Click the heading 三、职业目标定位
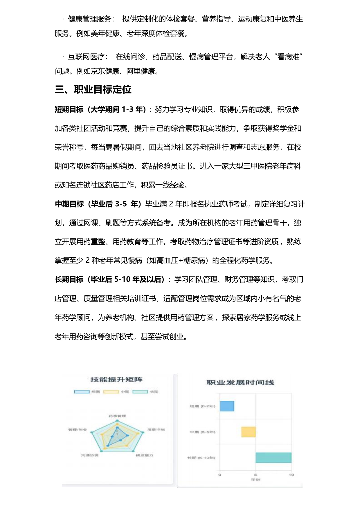[x=93, y=89]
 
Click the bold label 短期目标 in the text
[x=69, y=109]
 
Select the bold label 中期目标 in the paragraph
[x=69, y=204]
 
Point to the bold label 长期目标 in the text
[x=69, y=279]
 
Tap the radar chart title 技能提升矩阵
[x=116, y=380]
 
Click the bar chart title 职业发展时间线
[x=240, y=382]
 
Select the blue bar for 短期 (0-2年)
[x=227, y=406]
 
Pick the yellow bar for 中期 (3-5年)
[x=248, y=432]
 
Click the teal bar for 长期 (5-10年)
[x=273, y=458]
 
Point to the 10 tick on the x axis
[x=291, y=475]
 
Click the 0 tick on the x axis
[x=220, y=475]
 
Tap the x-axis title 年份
[x=255, y=480]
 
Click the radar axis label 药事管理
[x=117, y=416]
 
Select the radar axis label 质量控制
[x=156, y=429]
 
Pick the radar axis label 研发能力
[x=144, y=455]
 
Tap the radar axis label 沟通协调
[x=90, y=455]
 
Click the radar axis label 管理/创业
[x=78, y=429]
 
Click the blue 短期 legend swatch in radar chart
[x=82, y=392]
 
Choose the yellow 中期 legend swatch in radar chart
[x=111, y=392]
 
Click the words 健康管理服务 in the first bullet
[x=89, y=19]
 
